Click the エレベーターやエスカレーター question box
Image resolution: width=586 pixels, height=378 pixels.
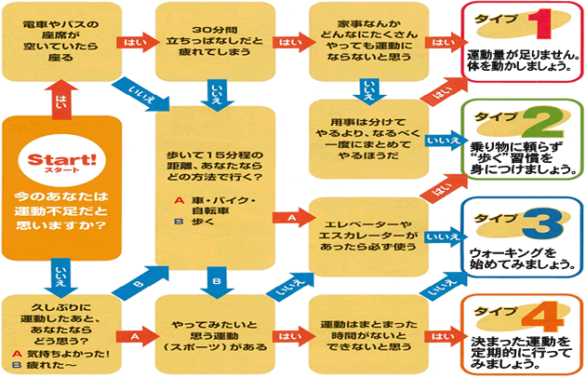366,231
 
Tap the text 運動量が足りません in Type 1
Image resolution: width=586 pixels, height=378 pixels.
519,55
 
